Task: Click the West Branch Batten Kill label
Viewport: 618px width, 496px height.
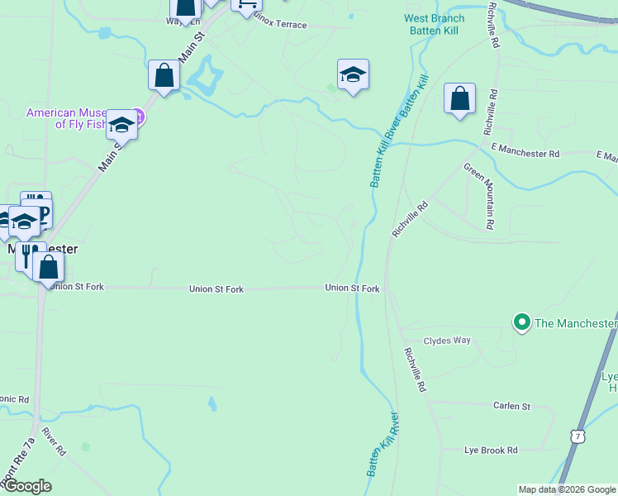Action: [434, 24]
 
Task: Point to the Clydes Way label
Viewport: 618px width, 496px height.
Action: [447, 341]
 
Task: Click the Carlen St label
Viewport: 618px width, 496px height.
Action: [511, 406]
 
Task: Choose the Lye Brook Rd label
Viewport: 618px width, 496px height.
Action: [491, 450]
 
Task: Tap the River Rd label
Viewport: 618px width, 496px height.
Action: [55, 442]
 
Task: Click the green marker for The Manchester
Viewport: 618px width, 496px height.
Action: [521, 322]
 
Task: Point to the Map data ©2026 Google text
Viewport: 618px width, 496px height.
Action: [567, 489]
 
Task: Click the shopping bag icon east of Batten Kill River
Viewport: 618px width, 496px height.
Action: [459, 99]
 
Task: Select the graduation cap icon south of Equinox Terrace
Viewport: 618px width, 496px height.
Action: [353, 75]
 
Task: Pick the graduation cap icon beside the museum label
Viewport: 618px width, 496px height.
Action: [121, 125]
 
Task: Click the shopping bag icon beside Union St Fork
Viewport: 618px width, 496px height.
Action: [49, 267]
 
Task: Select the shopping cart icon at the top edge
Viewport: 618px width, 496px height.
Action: [246, 4]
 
